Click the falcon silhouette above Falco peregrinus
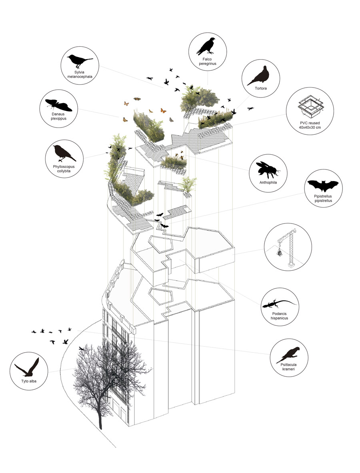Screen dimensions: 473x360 pyautogui.click(x=206, y=46)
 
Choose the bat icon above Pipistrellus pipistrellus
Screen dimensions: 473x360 pyautogui.click(x=323, y=186)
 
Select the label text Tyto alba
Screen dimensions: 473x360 pyautogui.click(x=28, y=381)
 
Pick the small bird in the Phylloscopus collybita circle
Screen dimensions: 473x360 pyautogui.click(x=64, y=153)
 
